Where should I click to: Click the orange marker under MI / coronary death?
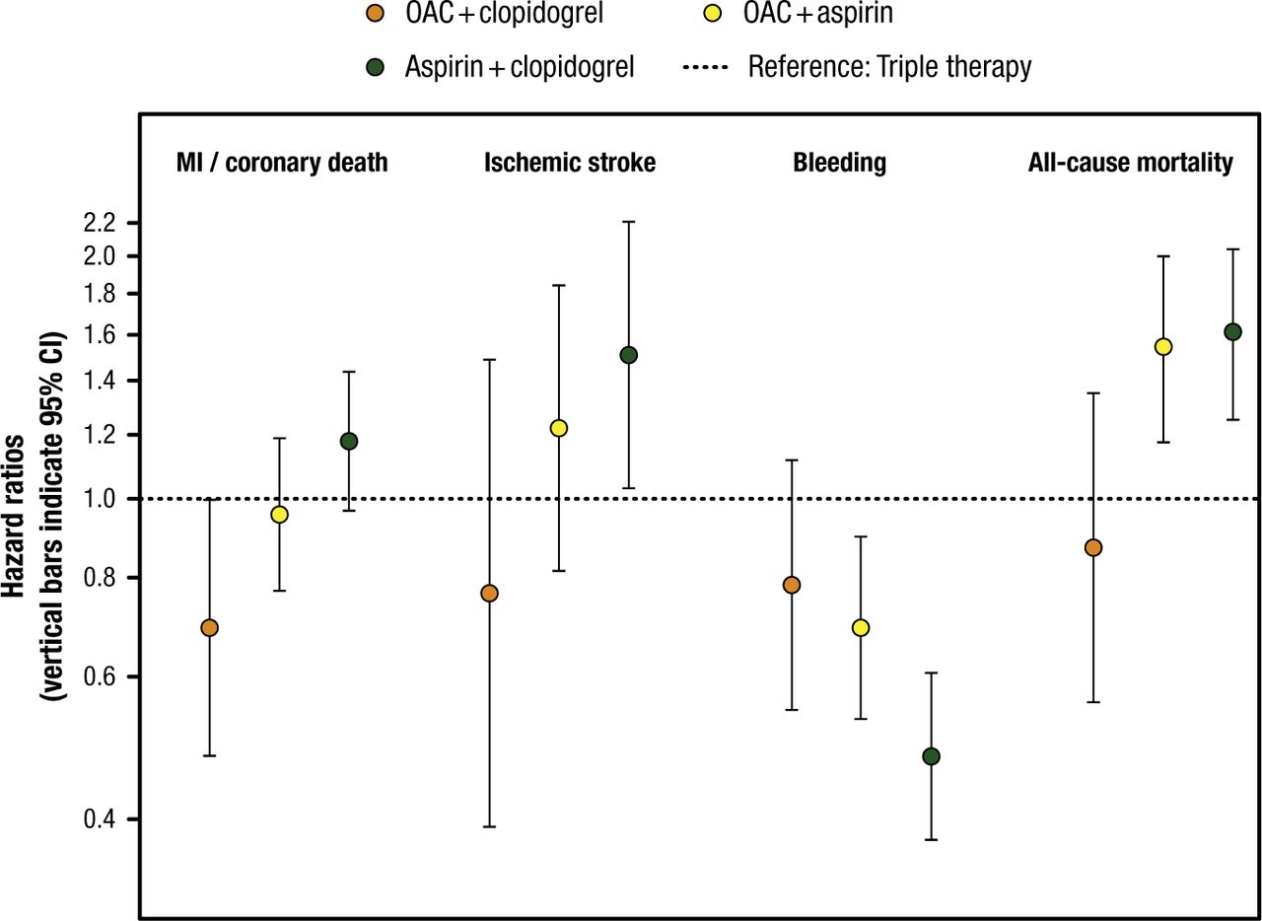(209, 627)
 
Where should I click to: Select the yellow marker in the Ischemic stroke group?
(559, 428)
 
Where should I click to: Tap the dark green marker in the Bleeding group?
(931, 756)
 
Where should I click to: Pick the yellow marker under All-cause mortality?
(1163, 346)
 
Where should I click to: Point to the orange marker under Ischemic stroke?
(489, 593)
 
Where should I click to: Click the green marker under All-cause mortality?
(1232, 331)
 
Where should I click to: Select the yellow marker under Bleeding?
(861, 627)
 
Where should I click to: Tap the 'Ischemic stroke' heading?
(570, 164)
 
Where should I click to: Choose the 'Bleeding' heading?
(839, 164)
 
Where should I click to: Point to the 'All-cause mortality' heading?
(1130, 164)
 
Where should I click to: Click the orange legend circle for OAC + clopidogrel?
(375, 16)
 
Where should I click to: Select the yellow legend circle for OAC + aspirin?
(699, 16)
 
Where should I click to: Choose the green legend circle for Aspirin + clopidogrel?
(375, 67)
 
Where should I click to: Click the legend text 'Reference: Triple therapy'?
(889, 67)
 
